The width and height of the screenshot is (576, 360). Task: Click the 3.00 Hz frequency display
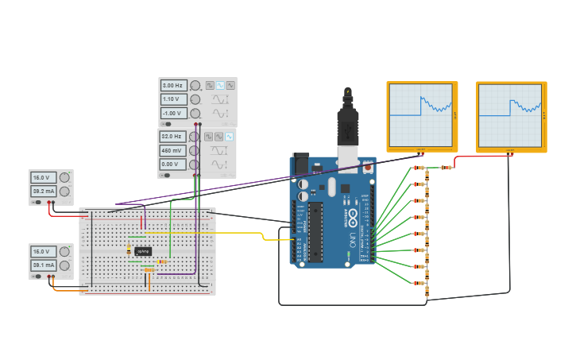(x=172, y=85)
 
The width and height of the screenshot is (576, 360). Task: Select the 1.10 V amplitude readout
(x=172, y=99)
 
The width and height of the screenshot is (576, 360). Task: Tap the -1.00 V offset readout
(x=172, y=113)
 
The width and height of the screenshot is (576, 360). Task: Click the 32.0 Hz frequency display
(x=172, y=137)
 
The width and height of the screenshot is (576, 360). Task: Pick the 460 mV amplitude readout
(x=172, y=150)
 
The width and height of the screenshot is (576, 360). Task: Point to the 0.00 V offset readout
(x=172, y=164)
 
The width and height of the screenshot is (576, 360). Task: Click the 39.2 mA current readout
(x=43, y=192)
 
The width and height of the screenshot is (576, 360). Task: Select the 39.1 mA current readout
(x=43, y=265)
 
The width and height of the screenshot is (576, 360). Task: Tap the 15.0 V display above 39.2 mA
(x=43, y=177)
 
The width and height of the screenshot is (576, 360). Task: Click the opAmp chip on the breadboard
(x=142, y=251)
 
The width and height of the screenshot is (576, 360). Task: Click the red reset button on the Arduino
(x=367, y=168)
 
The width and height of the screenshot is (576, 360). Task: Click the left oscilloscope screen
(x=421, y=114)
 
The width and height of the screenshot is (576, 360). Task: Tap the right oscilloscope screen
(x=511, y=114)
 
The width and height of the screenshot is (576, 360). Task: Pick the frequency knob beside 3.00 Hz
(x=195, y=85)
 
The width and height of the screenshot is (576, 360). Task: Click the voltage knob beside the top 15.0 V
(x=64, y=177)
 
